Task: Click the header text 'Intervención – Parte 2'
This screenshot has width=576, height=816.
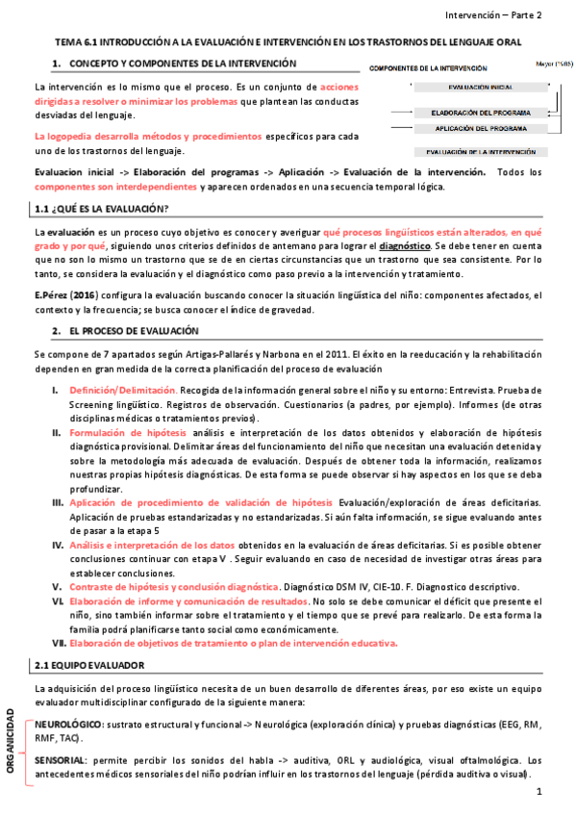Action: point(493,15)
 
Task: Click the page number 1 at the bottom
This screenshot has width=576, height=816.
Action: point(540,792)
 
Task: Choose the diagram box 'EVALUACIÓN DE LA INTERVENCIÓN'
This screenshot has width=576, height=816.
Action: point(480,152)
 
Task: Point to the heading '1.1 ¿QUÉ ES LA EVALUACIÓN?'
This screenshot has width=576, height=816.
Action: point(100,209)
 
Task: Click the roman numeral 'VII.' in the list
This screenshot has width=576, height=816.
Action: point(58,616)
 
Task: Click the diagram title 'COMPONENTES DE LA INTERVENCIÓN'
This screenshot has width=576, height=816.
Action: point(429,69)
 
